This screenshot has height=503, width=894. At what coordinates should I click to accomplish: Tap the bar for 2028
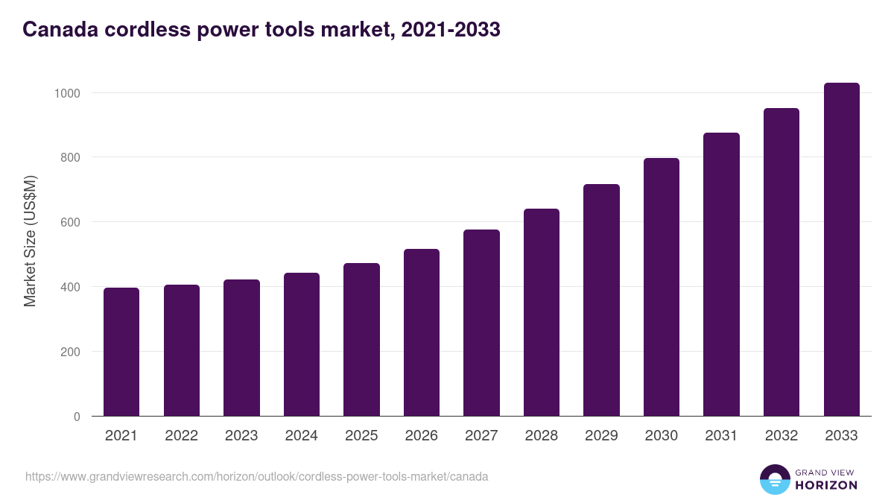(542, 312)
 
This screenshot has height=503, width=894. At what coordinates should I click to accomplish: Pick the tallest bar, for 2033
(841, 250)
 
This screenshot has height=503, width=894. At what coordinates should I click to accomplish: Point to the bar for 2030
(662, 287)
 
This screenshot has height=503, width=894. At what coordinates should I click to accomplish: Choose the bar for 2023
(241, 348)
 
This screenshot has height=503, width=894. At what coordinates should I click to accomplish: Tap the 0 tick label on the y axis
(77, 417)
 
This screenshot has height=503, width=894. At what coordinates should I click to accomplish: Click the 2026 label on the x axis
(421, 436)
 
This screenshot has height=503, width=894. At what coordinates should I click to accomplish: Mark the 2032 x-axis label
(781, 436)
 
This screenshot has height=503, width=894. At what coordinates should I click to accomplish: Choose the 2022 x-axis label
(181, 436)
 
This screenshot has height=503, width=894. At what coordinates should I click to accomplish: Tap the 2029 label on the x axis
(601, 436)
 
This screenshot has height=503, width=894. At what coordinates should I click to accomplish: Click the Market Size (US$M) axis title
(30, 240)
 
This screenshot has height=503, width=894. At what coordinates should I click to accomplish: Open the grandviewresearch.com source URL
(257, 476)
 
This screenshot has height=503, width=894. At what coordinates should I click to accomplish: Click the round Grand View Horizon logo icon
(775, 480)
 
